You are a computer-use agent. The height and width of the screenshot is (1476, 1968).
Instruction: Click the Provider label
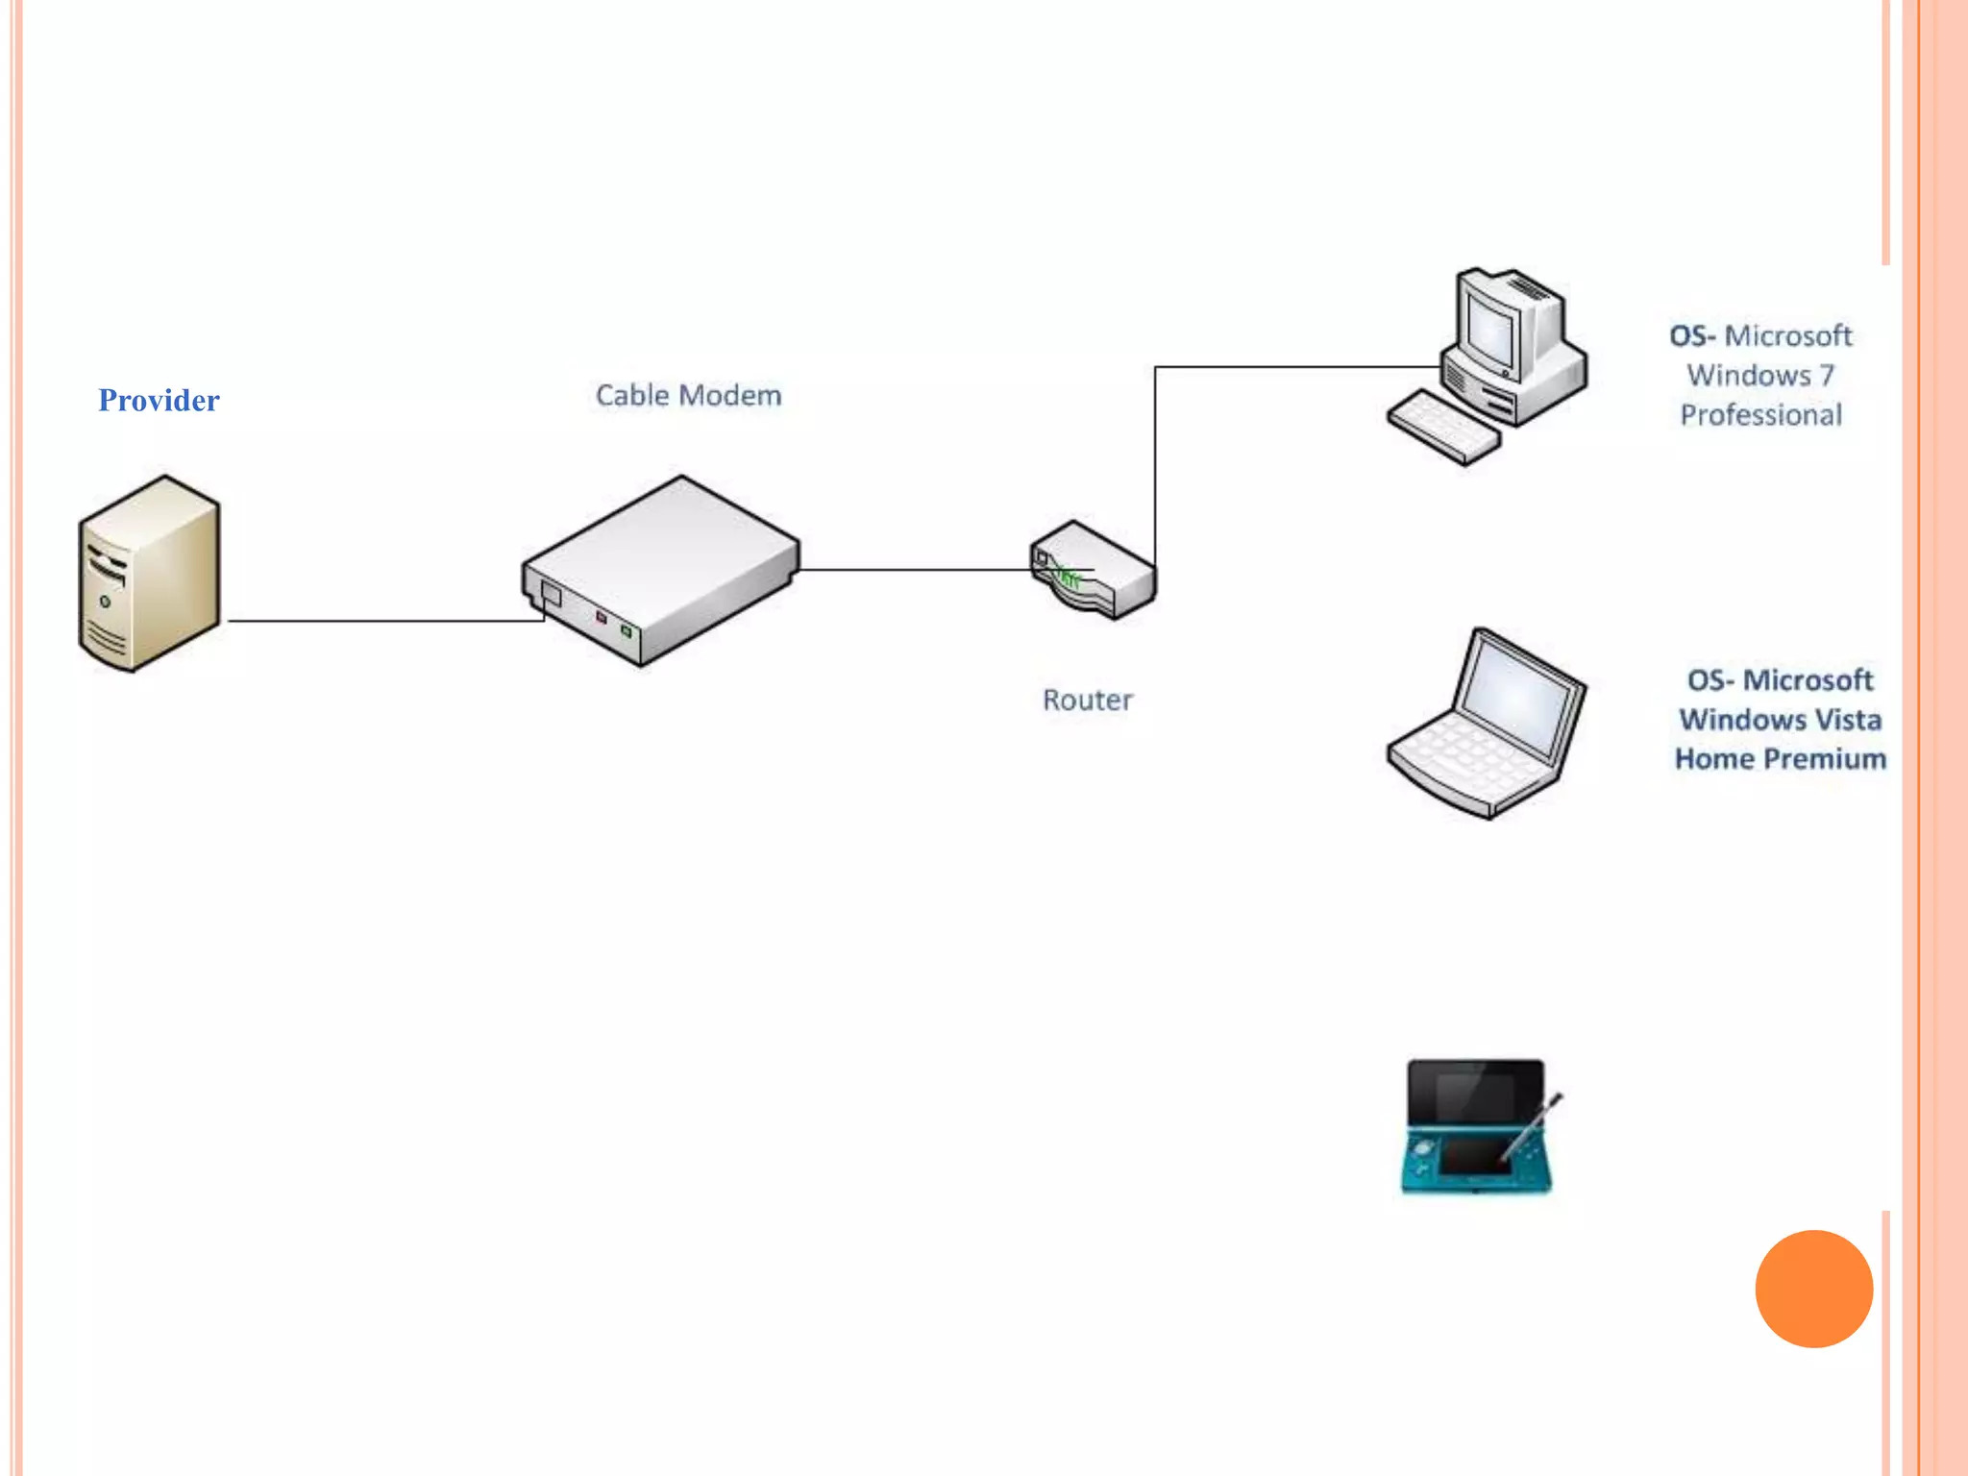(x=159, y=400)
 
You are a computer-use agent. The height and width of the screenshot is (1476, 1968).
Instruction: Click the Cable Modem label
(x=688, y=395)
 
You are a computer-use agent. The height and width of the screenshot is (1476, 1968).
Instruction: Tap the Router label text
(x=1087, y=700)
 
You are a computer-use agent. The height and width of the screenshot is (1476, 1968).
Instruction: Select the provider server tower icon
(x=149, y=573)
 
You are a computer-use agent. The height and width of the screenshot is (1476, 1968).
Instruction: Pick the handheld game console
(x=1476, y=1126)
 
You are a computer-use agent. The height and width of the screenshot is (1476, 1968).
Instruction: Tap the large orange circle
(x=1813, y=1289)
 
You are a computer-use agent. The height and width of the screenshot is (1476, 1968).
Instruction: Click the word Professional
(x=1760, y=415)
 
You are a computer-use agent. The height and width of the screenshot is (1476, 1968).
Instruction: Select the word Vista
(x=1839, y=720)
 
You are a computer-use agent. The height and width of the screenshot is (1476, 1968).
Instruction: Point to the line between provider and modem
(x=384, y=621)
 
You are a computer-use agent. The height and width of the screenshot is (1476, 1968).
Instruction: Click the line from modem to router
(x=913, y=570)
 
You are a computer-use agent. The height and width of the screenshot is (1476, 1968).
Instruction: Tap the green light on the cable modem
(x=627, y=630)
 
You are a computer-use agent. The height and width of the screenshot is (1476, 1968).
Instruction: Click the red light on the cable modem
(x=602, y=617)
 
